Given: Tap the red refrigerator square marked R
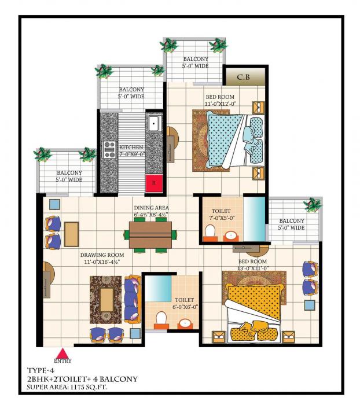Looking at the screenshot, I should click(153, 182).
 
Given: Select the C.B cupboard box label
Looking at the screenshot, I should click(244, 76).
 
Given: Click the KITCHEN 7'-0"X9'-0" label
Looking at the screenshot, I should click(131, 151).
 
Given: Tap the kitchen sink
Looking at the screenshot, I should click(154, 124).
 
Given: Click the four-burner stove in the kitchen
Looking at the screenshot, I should click(109, 149).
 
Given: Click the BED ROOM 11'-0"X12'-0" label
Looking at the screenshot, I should click(221, 100).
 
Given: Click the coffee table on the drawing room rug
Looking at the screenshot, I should click(106, 299).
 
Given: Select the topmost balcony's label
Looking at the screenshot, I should click(196, 62).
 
